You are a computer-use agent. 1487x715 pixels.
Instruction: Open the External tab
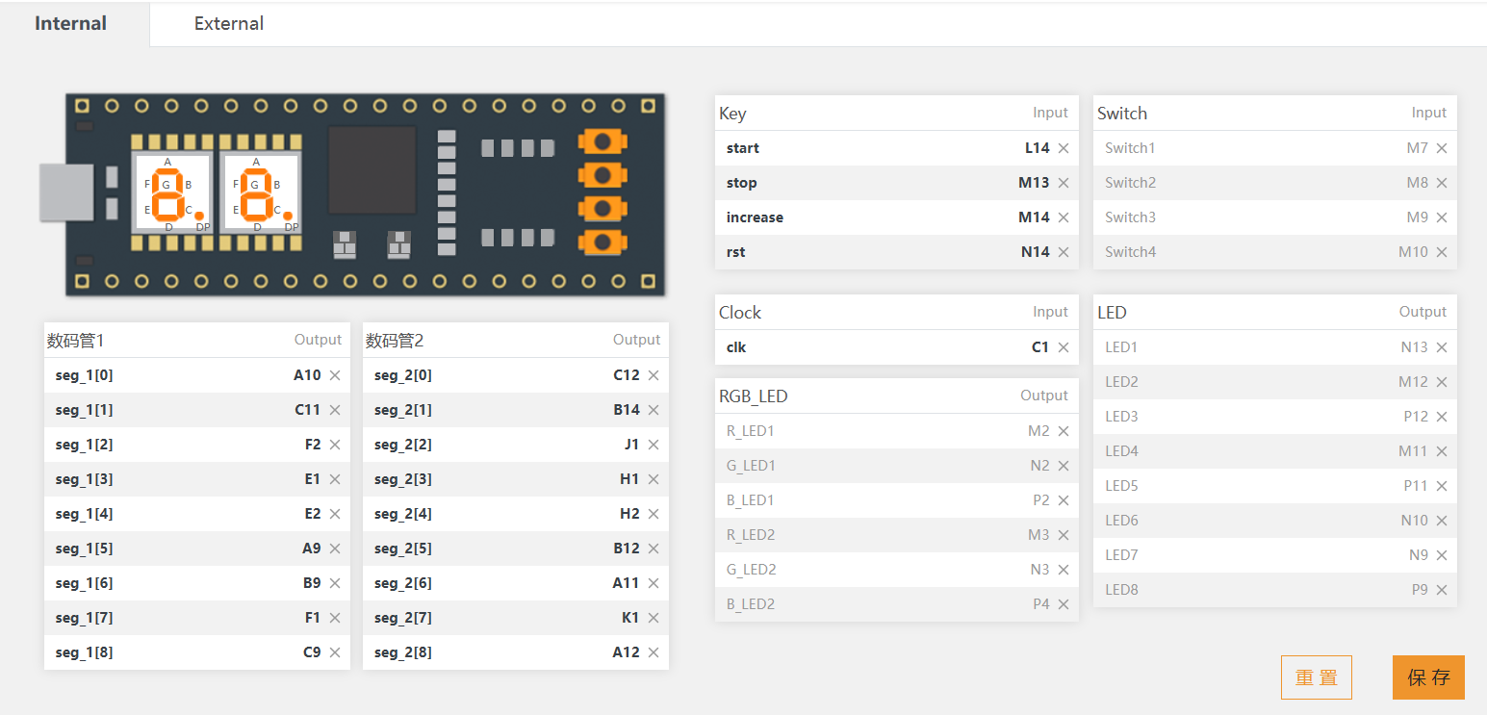228,24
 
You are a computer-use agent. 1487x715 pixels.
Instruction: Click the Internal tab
70,24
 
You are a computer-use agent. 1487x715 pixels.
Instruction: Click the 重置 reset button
1317,677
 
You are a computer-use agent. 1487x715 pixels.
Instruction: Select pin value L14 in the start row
1037,148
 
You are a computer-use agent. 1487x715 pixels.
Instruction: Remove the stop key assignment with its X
1064,183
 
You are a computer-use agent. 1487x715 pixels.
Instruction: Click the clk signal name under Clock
736,347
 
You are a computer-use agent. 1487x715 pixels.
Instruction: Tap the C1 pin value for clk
1039,347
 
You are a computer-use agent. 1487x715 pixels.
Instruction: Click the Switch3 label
1130,217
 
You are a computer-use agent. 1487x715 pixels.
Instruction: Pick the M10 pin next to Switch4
1413,251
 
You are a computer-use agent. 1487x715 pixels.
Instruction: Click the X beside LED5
1442,486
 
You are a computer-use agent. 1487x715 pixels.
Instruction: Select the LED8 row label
1121,590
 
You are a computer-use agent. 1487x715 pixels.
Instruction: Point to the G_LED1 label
751,466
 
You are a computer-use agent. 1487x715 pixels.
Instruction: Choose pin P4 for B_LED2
1041,604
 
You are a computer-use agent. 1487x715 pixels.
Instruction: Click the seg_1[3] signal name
85,479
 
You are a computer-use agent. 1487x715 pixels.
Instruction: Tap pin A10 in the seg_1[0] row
307,375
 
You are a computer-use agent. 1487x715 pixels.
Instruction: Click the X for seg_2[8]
654,652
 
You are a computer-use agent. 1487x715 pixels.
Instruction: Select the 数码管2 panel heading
395,341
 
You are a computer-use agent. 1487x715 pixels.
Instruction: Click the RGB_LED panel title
753,396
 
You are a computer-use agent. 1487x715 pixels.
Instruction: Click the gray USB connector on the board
66,192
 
